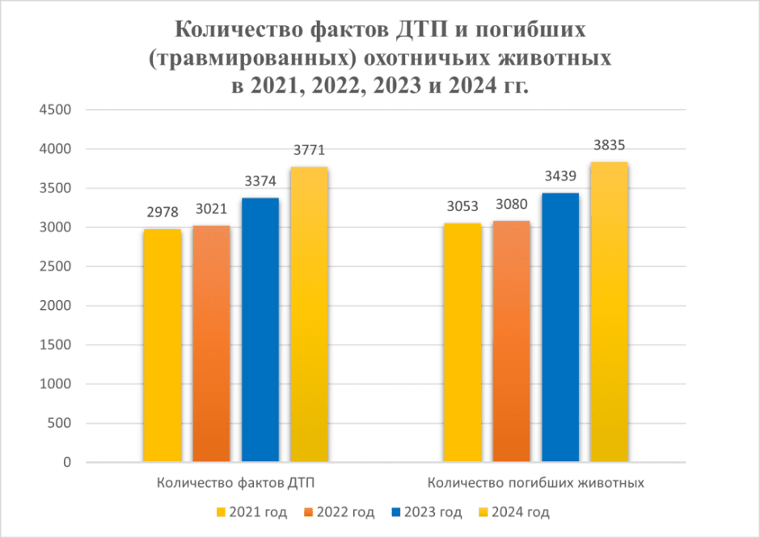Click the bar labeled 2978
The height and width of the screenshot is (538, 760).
[x=163, y=345]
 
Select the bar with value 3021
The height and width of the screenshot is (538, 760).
[x=211, y=344]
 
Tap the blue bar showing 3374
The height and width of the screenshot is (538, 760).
[x=260, y=330]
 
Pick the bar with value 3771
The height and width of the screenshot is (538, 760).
[x=309, y=315]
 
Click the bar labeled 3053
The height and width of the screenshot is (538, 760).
[x=463, y=342]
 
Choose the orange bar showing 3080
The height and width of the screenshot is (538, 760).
[x=512, y=341]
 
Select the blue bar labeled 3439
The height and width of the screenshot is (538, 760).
[x=560, y=328]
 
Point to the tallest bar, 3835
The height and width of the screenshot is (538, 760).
[x=609, y=312]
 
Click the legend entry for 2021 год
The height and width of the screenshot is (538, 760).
[x=251, y=512]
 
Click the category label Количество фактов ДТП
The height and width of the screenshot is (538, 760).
[x=235, y=483]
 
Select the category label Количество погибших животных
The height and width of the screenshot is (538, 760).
[x=535, y=483]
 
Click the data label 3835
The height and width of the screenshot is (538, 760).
[x=609, y=146]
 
